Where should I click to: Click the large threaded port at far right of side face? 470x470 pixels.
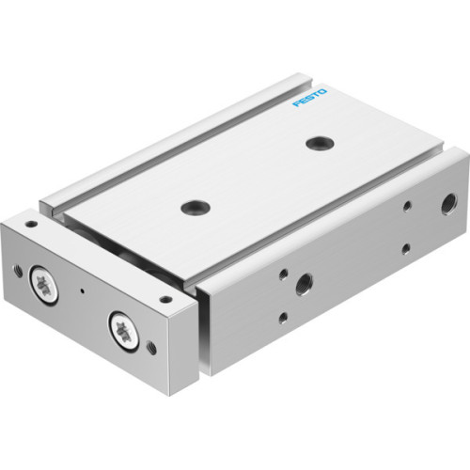[x=421, y=201]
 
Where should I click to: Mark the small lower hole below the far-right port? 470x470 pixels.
[x=405, y=249]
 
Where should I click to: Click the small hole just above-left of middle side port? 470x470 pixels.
[x=283, y=274]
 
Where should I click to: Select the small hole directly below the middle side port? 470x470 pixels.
[x=283, y=318]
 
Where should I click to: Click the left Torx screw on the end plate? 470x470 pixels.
[x=43, y=285]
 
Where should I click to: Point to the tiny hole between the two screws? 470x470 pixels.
[x=83, y=290]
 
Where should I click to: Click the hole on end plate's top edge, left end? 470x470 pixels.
[x=31, y=224]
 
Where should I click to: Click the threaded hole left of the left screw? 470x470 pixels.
[x=18, y=271]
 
